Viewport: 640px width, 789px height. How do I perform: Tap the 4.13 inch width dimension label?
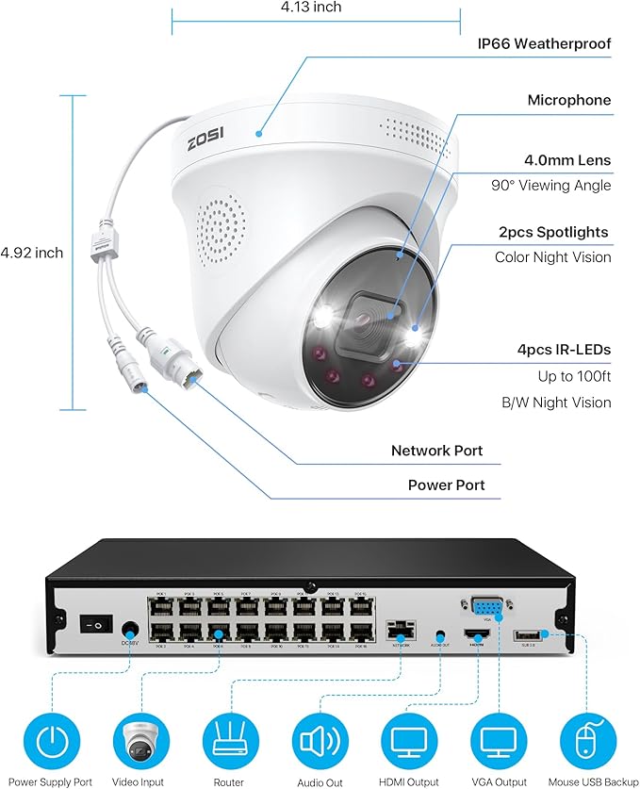coord(311,8)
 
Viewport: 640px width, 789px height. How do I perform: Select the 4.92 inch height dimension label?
coord(31,253)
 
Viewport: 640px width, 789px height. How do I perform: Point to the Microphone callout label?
coord(568,100)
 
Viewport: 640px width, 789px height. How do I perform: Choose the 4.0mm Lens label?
coord(567,160)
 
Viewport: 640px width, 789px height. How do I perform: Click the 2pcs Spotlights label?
coord(566,232)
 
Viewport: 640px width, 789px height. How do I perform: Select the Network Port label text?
coord(436,451)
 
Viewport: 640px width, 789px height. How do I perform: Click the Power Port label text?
coord(446,485)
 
